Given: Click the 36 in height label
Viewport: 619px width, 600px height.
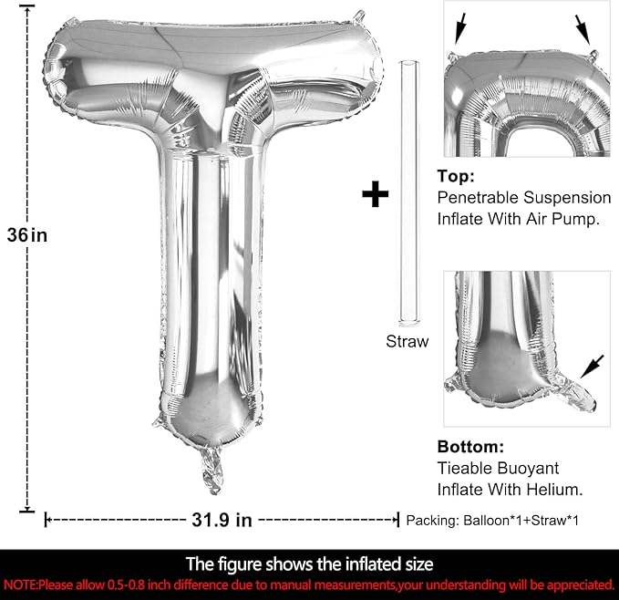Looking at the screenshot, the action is click(26, 235).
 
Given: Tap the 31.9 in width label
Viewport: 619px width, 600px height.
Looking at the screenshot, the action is click(222, 520).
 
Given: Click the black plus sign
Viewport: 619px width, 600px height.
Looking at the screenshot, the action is click(375, 194).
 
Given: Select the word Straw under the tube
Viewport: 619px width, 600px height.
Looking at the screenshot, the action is click(407, 341).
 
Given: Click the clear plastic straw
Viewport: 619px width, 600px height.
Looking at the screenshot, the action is click(409, 193).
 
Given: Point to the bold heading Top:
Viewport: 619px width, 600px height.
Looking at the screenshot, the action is click(456, 176).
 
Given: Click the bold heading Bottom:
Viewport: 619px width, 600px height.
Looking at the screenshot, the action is click(470, 447).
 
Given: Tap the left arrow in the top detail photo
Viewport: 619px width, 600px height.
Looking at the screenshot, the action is click(460, 28).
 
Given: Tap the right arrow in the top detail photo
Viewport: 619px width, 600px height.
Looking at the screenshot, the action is click(583, 29).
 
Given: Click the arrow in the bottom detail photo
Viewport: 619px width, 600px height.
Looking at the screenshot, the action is click(592, 367).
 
